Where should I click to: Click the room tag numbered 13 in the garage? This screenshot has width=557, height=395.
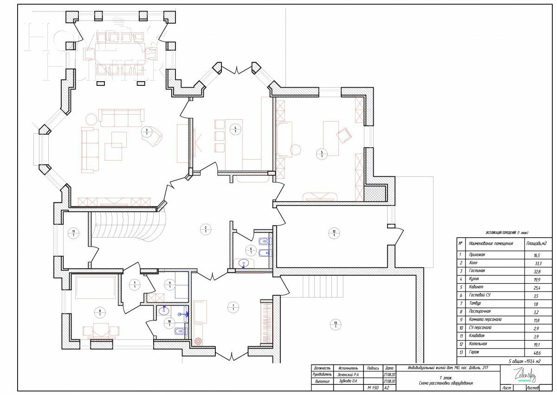coord(334,324)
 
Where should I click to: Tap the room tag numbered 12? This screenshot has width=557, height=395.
coord(334,233)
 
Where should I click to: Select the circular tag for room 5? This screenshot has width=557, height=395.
coord(322,154)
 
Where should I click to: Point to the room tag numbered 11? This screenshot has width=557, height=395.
coord(73,233)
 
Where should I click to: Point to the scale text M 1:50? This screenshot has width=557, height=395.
coord(373,388)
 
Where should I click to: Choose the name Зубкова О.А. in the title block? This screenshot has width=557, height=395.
coord(348,381)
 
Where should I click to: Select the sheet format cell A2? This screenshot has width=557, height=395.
coord(387,388)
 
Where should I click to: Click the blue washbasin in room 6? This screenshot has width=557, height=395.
coord(245,264)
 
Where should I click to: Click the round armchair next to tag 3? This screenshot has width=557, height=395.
coord(153,137)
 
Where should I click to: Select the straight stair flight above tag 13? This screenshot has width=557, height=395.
coord(322,286)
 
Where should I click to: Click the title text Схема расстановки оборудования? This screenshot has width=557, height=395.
coord(446,383)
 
